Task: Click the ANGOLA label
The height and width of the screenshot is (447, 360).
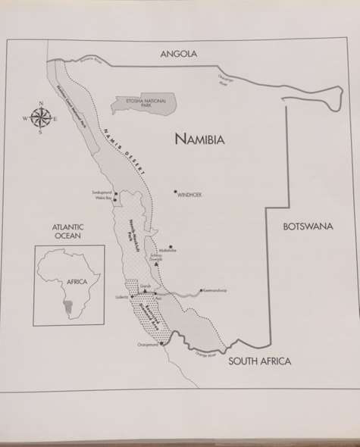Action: point(177,54)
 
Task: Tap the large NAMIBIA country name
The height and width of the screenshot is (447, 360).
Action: point(201,139)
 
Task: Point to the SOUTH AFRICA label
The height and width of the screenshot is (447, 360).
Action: point(260,362)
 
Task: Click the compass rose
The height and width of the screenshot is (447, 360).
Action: point(41,118)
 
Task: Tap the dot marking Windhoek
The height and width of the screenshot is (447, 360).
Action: point(175,192)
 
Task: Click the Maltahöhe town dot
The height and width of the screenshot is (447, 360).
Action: point(171,246)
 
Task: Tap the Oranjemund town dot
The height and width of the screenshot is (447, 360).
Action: point(161,343)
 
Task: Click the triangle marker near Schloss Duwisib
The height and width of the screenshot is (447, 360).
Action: point(155,264)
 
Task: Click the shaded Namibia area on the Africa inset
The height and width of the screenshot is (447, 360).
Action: point(72,304)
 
